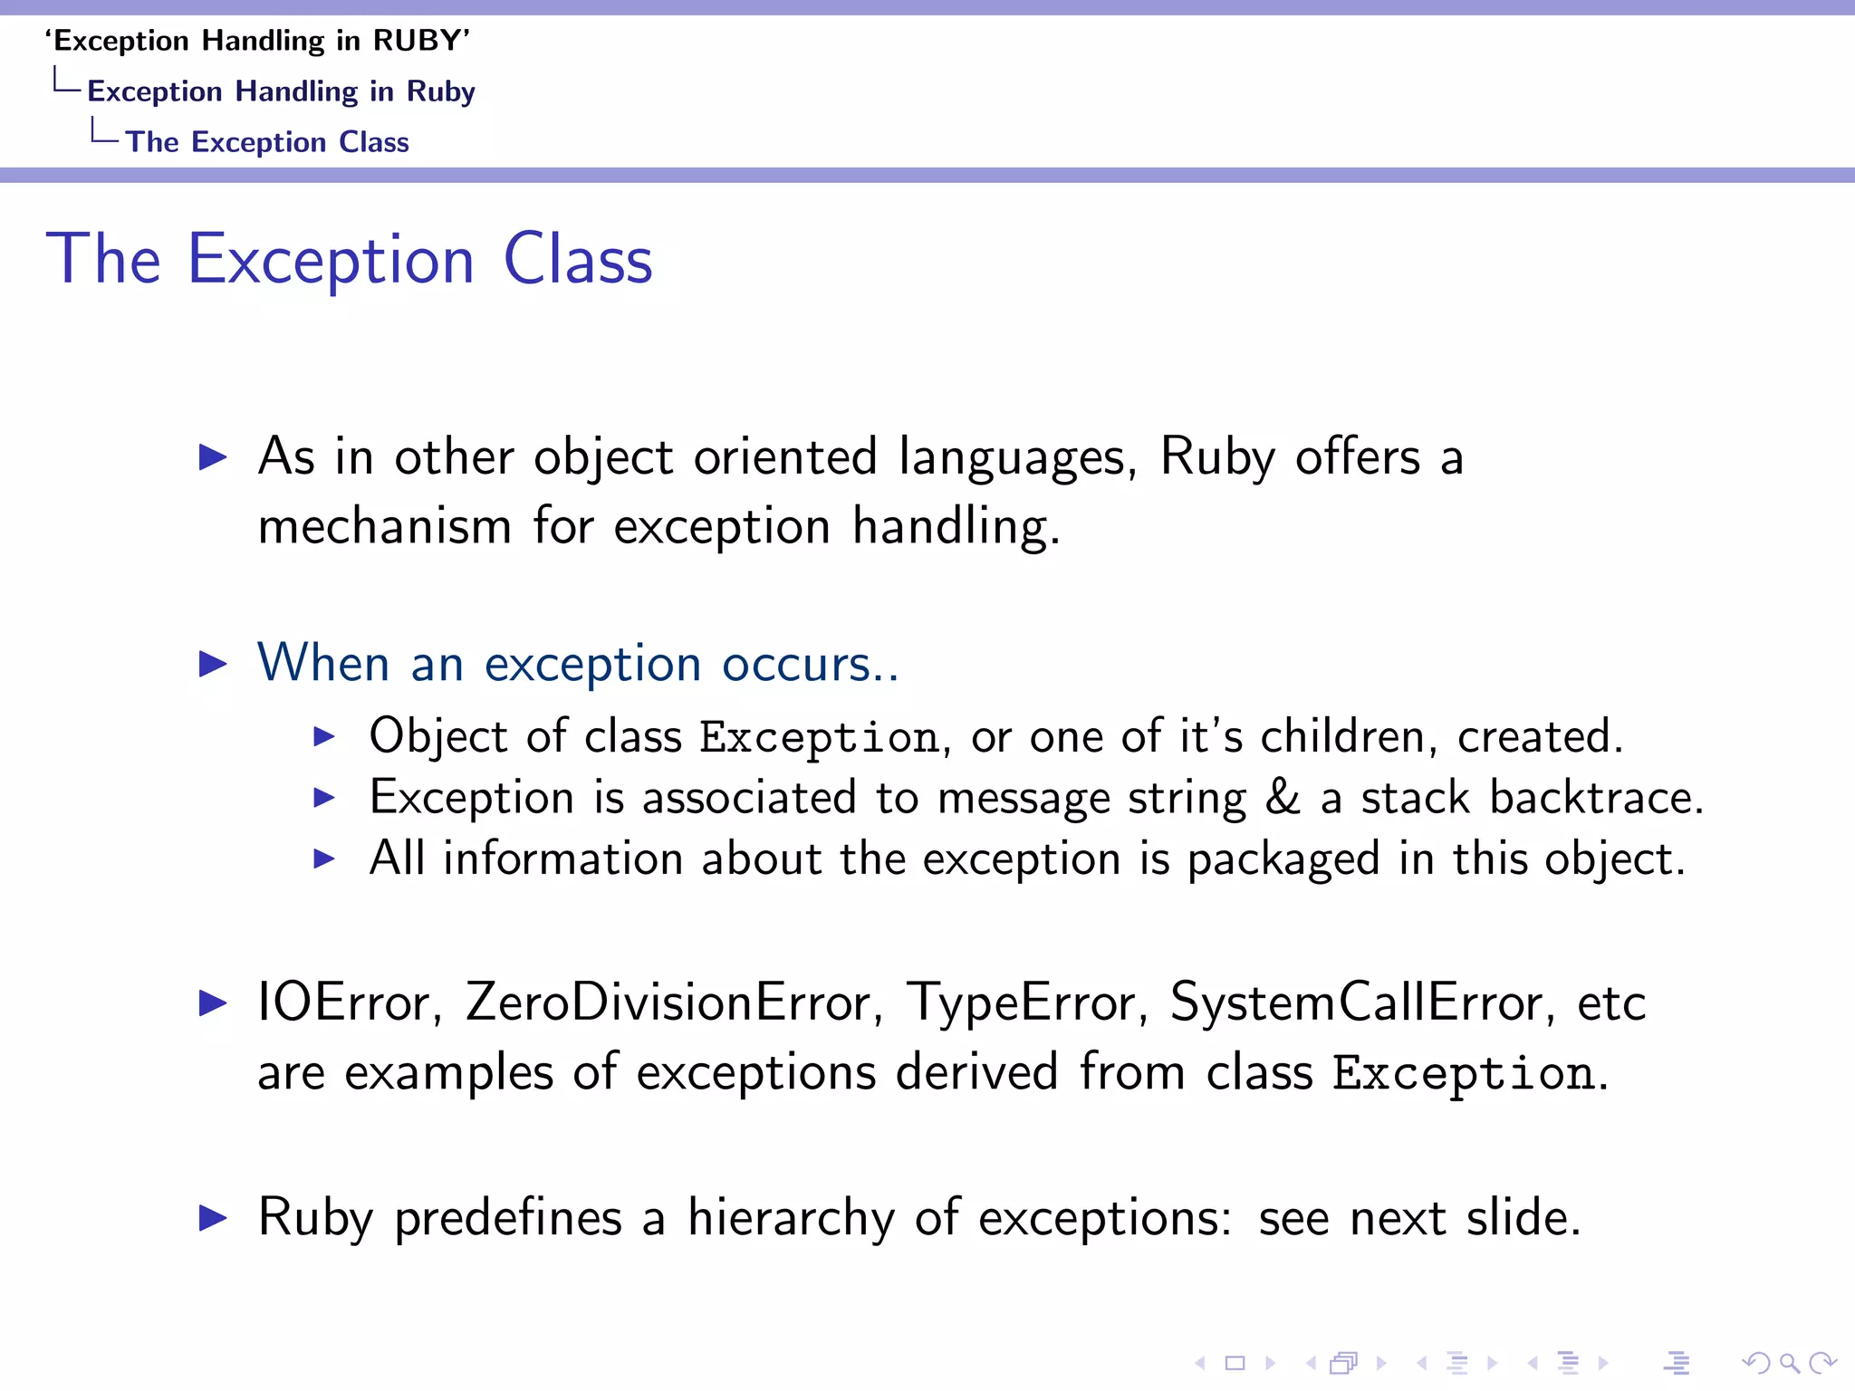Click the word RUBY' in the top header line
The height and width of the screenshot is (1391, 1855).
(422, 41)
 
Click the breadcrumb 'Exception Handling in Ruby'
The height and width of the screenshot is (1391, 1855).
(281, 91)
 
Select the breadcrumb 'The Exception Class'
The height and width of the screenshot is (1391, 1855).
(267, 142)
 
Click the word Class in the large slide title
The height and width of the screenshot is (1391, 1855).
(578, 260)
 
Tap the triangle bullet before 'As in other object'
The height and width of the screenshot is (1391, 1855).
(213, 456)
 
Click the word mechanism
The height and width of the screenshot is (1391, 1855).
(385, 527)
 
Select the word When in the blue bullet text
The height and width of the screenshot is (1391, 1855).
(323, 663)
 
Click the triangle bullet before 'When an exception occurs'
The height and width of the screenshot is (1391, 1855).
(213, 664)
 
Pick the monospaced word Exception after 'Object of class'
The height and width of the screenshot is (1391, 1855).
(820, 737)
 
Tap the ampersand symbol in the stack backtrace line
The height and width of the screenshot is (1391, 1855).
(1283, 798)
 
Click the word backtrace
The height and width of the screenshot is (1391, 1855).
(1594, 798)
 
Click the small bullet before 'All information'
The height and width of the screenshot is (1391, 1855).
(324, 859)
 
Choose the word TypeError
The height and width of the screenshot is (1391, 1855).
(1027, 1003)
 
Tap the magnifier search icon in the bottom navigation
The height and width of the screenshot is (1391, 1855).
(1789, 1363)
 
